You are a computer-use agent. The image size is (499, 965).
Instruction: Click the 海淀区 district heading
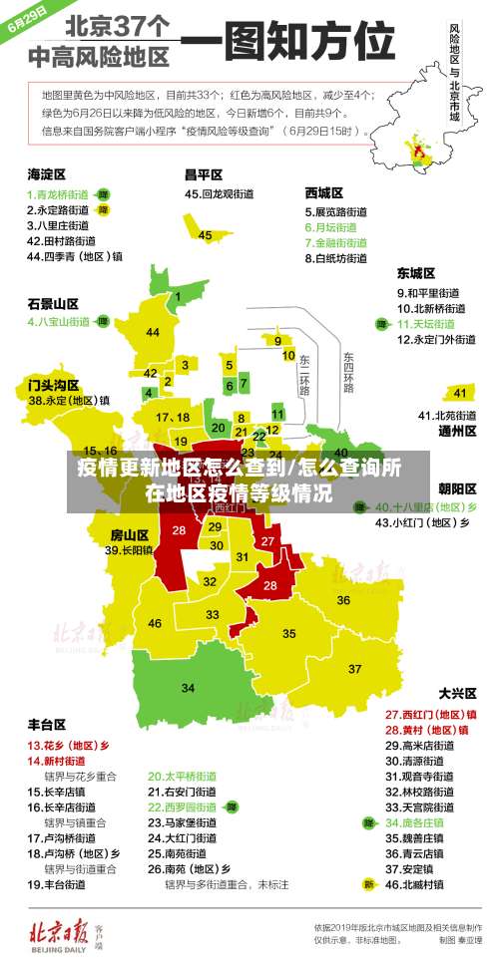pos(46,174)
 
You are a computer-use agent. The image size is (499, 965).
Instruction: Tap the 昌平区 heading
pos(203,174)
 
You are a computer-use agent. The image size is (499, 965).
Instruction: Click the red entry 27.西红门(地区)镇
pos(430,714)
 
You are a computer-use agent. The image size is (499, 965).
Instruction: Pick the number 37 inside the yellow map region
pos(354,668)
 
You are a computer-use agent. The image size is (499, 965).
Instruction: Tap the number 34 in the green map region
pos(189,687)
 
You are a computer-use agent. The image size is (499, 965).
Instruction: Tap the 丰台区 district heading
pos(47,724)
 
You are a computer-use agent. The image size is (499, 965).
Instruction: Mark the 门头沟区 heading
pos(53,384)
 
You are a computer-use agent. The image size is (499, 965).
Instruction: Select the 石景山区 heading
pos(53,303)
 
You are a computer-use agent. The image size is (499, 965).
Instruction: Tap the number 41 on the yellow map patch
pos(460,393)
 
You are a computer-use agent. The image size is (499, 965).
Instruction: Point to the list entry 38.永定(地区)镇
pos(69,400)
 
